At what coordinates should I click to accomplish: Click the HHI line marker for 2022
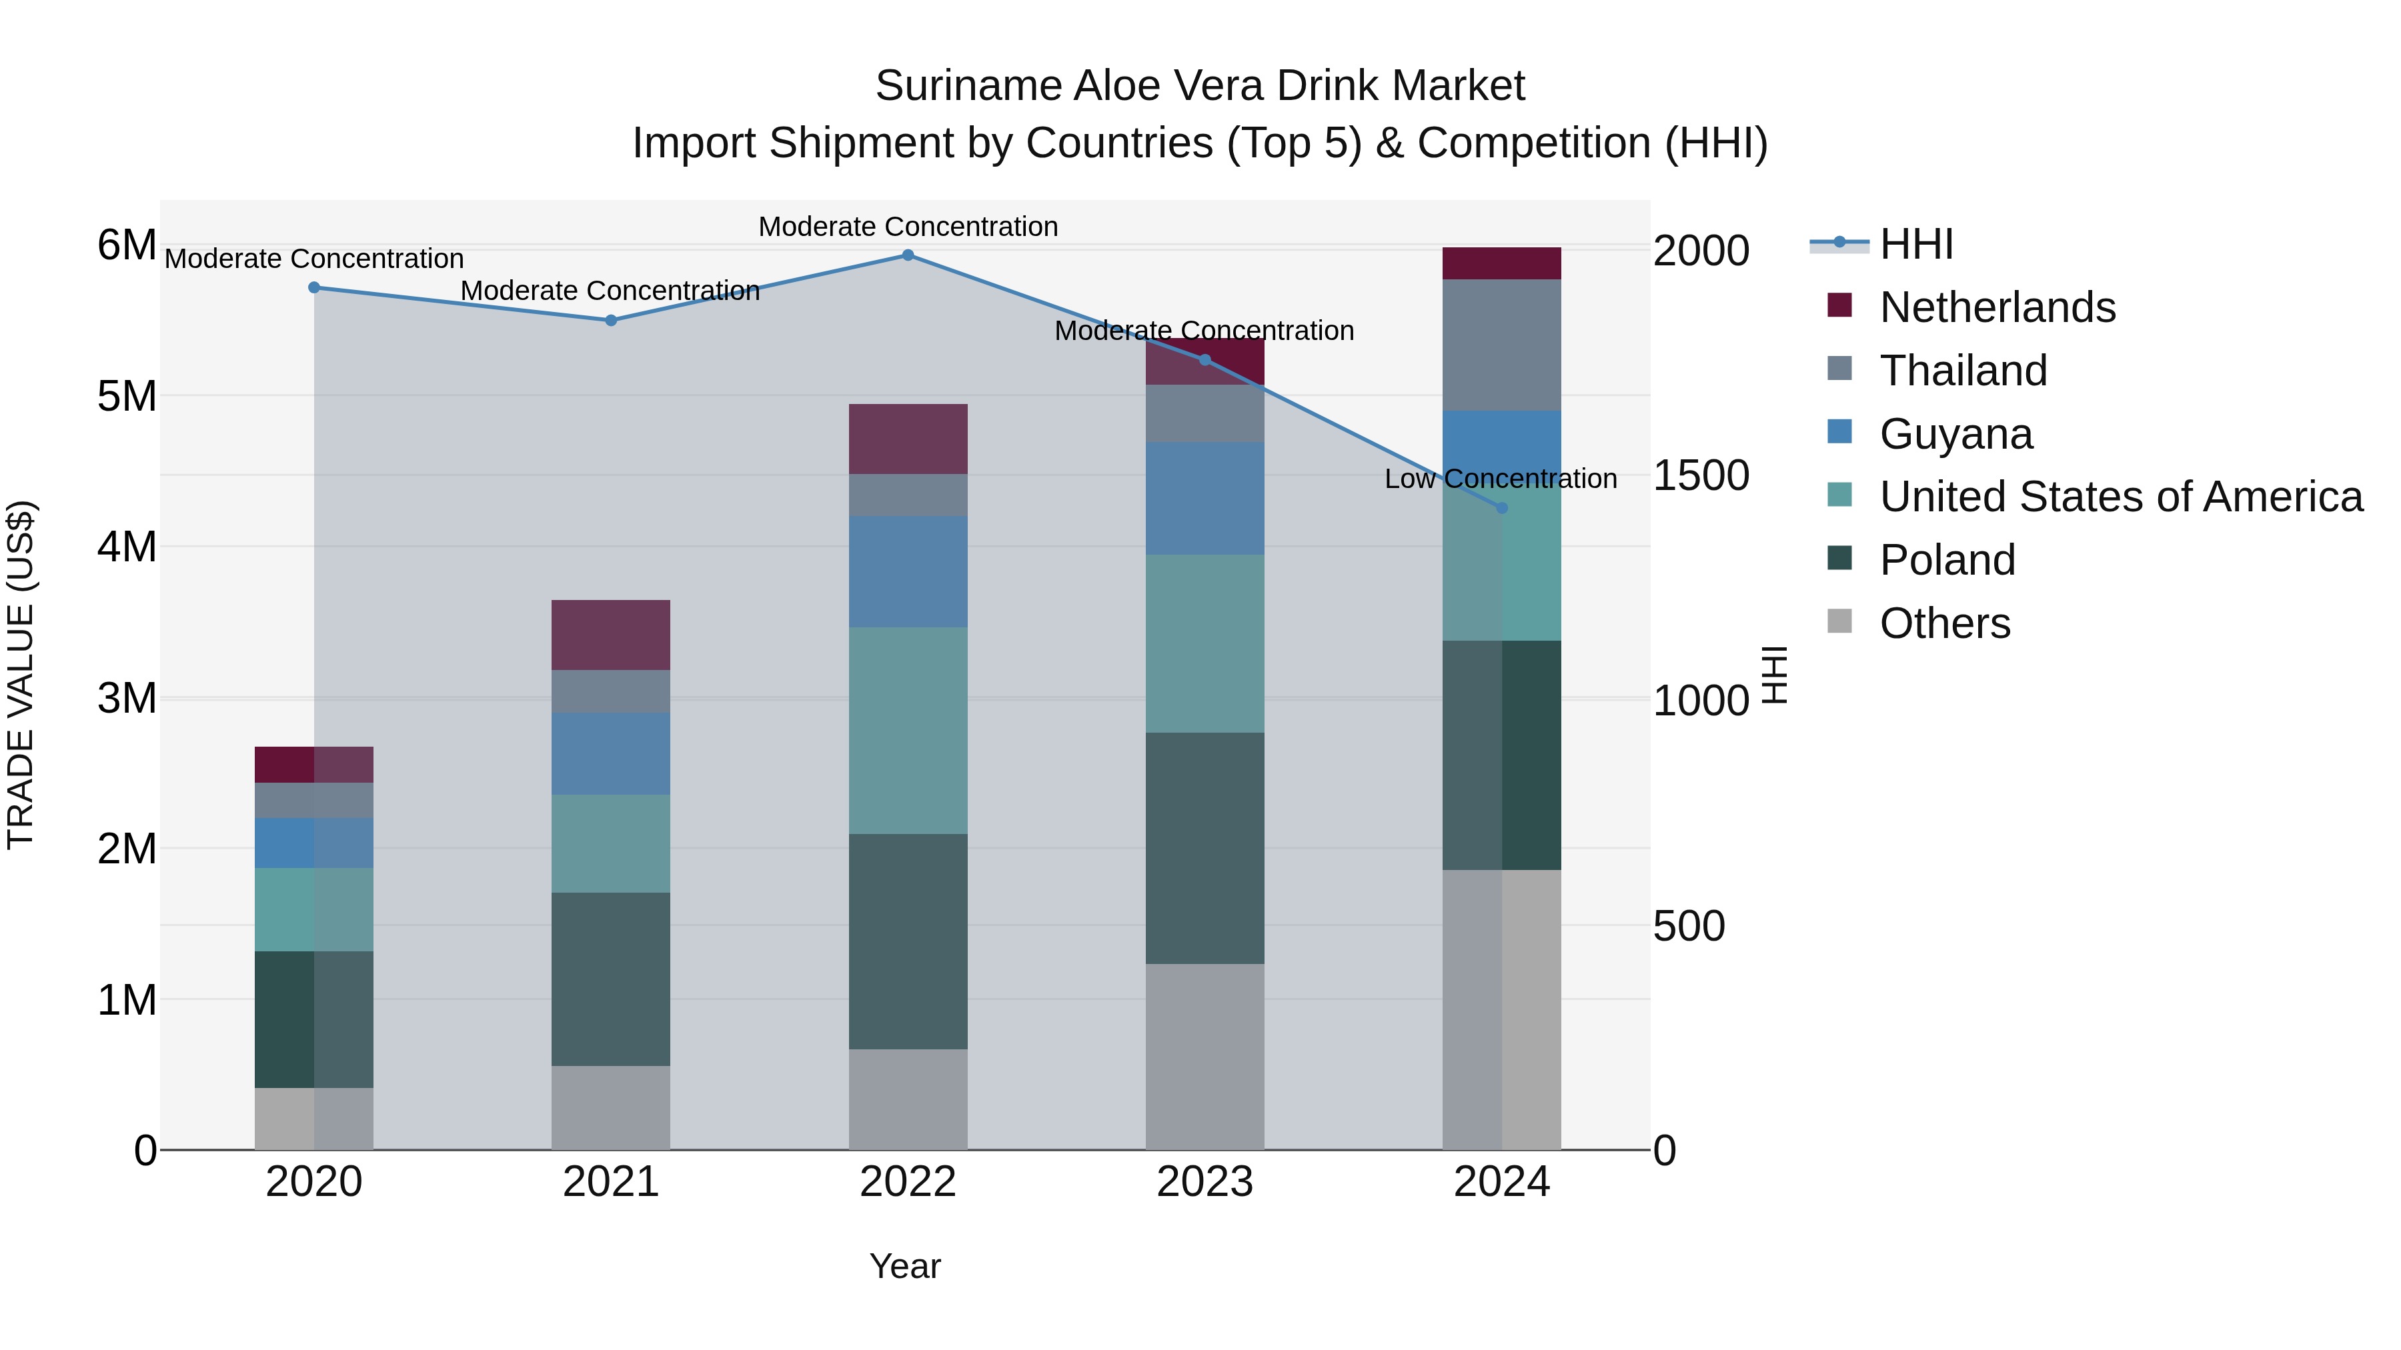(908, 255)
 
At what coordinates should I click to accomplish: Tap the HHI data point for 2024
(1501, 508)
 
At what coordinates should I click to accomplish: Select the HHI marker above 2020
(314, 288)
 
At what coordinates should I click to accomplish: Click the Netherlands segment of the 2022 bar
(908, 439)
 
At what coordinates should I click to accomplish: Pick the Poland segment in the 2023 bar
(1205, 848)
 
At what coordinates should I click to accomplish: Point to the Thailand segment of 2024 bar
(1501, 345)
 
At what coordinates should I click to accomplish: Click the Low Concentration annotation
(1500, 479)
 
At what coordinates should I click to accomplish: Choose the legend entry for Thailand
(1963, 371)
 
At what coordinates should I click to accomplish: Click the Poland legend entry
(1947, 560)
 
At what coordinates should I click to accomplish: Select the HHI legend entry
(1915, 244)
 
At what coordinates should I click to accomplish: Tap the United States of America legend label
(2120, 497)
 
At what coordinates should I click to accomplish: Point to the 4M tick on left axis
(127, 547)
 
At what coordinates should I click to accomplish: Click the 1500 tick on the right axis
(1700, 476)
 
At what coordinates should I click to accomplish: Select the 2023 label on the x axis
(1205, 1182)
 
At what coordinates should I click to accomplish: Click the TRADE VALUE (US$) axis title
(21, 675)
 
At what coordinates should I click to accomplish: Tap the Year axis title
(904, 1266)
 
